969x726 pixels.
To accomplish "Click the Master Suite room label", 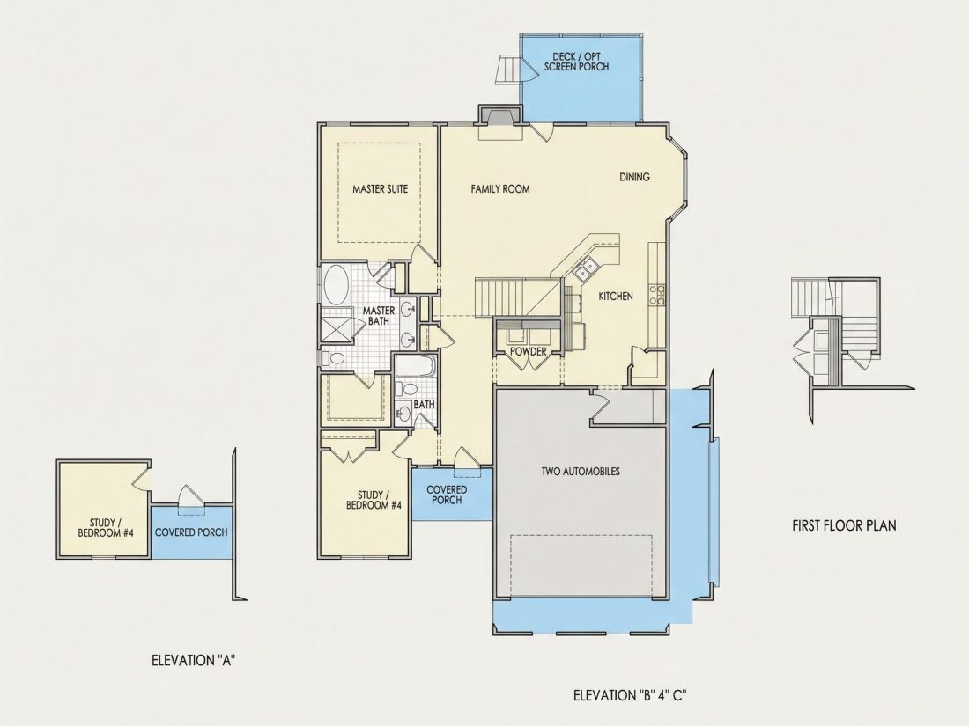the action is click(x=380, y=189).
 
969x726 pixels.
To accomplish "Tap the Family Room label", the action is click(x=500, y=189).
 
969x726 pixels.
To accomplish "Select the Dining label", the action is click(x=634, y=177).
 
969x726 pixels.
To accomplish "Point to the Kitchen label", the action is click(x=616, y=297).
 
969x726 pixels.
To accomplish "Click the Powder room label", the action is click(x=528, y=351).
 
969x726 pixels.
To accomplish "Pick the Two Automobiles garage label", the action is click(x=581, y=472).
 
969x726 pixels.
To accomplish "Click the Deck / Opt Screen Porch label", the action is click(x=577, y=62).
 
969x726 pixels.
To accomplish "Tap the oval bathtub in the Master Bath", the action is click(x=336, y=284).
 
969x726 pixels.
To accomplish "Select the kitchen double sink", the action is click(x=586, y=268).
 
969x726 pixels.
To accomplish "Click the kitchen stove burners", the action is click(x=656, y=295).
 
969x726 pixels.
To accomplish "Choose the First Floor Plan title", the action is click(x=844, y=525).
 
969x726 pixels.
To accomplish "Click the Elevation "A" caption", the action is click(x=194, y=661).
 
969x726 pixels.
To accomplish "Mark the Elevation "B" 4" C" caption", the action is click(x=631, y=696).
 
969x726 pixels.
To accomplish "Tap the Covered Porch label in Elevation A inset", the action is click(x=191, y=532).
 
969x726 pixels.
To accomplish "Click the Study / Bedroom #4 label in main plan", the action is click(x=374, y=500).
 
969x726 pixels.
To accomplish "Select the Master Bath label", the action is click(x=379, y=315).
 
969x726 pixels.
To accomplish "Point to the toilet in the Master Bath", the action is click(x=333, y=358).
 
